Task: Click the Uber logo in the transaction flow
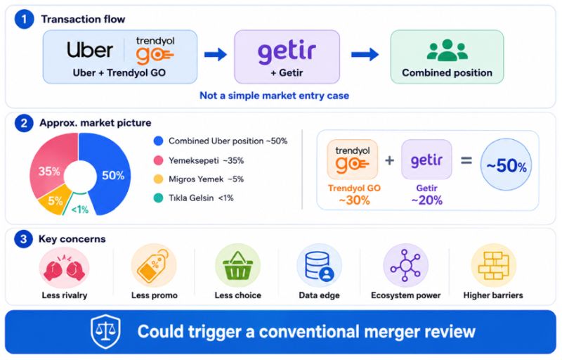point(90,49)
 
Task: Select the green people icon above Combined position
point(447,50)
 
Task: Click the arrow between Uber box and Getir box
point(216,55)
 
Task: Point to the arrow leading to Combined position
point(365,55)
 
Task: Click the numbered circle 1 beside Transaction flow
point(24,19)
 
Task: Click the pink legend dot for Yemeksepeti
point(159,160)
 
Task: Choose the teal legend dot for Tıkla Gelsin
point(159,198)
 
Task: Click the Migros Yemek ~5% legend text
point(206,179)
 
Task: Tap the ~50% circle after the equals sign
point(506,165)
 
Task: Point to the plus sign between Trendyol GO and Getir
point(390,160)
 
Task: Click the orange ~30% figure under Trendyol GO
point(354,200)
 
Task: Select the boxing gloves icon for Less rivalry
point(64,268)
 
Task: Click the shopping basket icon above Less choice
point(237,266)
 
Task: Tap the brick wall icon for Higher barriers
point(494,266)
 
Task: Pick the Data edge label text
point(319,295)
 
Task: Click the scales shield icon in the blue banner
point(105,331)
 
